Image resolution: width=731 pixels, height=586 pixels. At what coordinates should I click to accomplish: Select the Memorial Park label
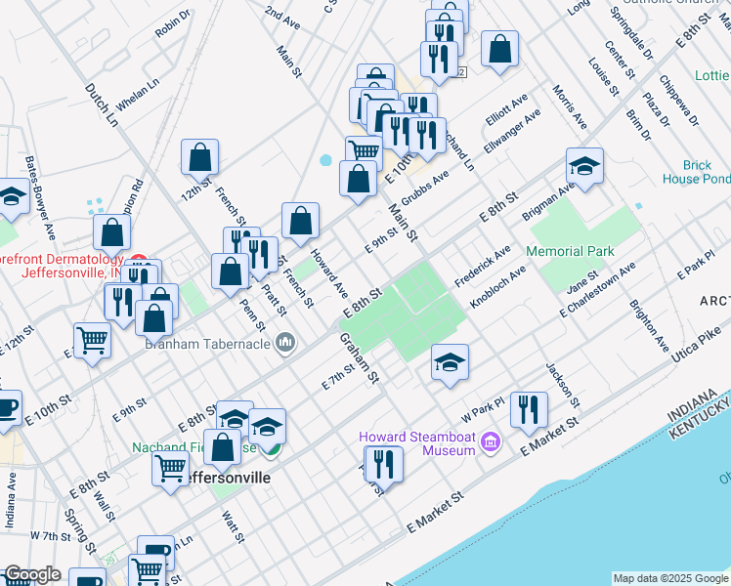[x=570, y=251]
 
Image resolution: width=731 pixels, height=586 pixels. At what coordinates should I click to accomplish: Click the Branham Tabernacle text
[x=209, y=341]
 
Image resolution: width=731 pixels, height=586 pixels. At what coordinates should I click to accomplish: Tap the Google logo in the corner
[x=32, y=574]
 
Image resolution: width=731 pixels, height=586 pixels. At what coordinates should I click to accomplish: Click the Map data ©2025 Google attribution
[x=669, y=578]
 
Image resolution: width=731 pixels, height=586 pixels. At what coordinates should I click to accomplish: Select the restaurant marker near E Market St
[x=529, y=411]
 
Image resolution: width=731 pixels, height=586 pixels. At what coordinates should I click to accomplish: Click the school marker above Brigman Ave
[x=584, y=168]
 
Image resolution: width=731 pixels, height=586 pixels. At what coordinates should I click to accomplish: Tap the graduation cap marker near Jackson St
[x=450, y=363]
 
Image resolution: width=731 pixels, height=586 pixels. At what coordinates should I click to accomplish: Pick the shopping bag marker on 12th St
[x=199, y=158]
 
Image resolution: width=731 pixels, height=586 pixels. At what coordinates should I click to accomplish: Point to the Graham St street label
[x=359, y=357]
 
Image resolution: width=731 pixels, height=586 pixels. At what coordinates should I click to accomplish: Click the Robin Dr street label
[x=173, y=25]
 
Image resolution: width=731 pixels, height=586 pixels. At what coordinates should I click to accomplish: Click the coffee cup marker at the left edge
[x=6, y=408]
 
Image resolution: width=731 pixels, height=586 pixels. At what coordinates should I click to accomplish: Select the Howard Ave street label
[x=329, y=273]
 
